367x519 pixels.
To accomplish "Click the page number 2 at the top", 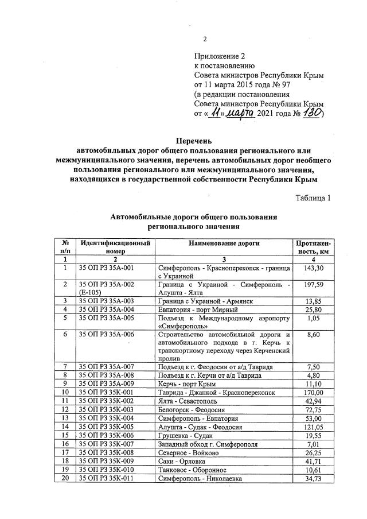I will click(x=205, y=39).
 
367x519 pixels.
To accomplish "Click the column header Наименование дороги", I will click(x=224, y=243).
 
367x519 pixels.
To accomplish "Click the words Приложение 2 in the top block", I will click(x=220, y=56).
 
